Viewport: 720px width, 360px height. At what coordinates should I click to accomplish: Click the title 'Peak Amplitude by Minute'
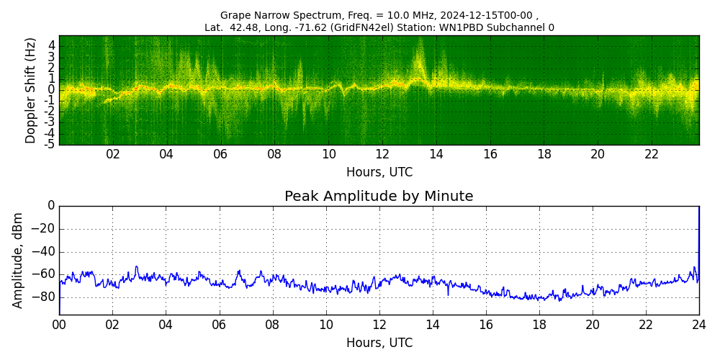[x=379, y=197]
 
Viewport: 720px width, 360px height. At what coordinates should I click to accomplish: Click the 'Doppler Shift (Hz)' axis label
[x=31, y=91]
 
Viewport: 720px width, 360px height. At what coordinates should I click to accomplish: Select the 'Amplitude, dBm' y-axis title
[x=19, y=260]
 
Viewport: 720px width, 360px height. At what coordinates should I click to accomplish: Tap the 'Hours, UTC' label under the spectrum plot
[x=379, y=173]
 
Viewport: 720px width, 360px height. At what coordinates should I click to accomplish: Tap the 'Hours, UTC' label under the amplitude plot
[x=379, y=343]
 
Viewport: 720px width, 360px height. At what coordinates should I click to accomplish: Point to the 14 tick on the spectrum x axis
[x=436, y=154]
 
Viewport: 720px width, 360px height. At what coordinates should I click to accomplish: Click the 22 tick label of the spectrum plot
[x=652, y=154]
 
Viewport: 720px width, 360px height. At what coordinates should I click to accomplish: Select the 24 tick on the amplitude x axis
[x=698, y=325]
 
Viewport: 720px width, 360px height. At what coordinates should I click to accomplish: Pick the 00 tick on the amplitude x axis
[x=59, y=325]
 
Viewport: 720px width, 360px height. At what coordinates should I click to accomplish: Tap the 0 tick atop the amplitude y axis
[x=51, y=206]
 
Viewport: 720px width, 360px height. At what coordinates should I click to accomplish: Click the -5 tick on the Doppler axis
[x=51, y=144]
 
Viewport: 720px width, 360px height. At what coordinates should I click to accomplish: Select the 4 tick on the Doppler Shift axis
[x=52, y=45]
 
